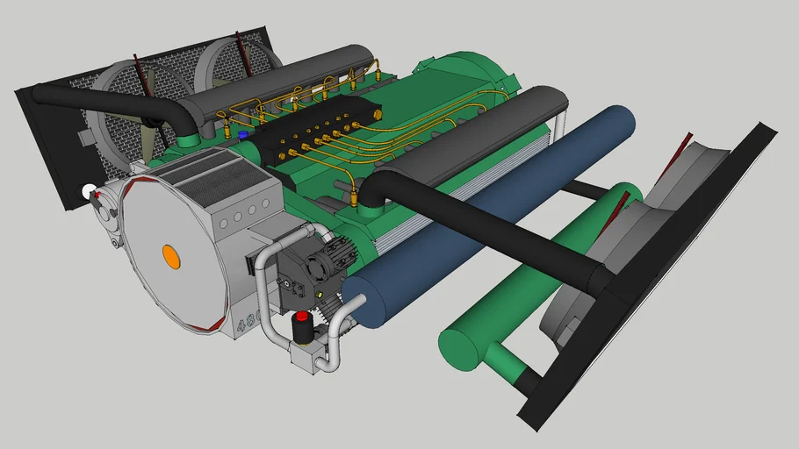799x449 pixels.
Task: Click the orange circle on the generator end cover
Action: coord(171,257)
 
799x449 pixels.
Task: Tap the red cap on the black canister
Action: coord(302,317)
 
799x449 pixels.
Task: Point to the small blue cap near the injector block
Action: coord(242,136)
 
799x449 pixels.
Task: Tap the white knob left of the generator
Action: coord(87,190)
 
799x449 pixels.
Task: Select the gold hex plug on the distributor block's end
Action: coord(377,114)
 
